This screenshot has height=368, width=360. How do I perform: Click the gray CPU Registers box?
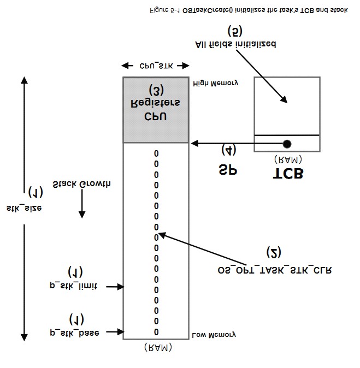(156, 110)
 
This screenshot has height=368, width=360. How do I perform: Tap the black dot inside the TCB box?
(287, 144)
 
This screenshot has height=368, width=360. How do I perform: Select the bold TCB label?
(287, 174)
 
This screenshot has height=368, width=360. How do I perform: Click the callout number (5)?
(235, 29)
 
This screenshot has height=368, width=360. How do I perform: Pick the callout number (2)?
(274, 252)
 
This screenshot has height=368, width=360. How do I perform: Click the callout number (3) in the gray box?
(156, 90)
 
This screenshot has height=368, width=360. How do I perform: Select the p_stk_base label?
(74, 332)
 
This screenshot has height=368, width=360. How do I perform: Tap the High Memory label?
(216, 83)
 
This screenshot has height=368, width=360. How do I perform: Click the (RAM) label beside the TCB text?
(287, 159)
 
